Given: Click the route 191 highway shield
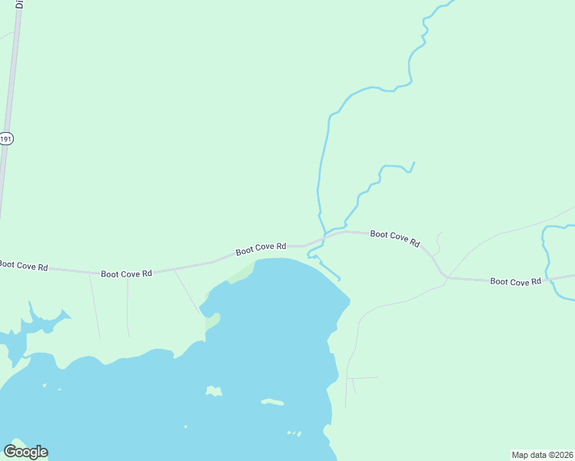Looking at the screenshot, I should coord(6,138).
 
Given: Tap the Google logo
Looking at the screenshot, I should coord(25,452).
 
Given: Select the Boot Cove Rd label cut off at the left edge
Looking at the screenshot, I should coord(23,266).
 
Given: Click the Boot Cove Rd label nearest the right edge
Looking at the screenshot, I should coord(516,282).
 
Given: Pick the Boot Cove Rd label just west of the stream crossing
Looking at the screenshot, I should coord(261,249).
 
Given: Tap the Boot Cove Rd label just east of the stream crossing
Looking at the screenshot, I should coord(395,237).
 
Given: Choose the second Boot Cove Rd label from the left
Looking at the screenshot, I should coord(126,273).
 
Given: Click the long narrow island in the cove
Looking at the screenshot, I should coord(272,402).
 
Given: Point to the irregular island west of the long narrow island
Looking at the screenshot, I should coord(214,392).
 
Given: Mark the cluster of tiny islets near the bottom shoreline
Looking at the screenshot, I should coord(294,433).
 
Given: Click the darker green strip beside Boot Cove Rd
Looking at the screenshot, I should coord(241,272).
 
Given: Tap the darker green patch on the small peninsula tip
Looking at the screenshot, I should coord(212,322).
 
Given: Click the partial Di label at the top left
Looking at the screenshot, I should coord(19,4).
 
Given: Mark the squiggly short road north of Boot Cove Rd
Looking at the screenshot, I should coord(437,243).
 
